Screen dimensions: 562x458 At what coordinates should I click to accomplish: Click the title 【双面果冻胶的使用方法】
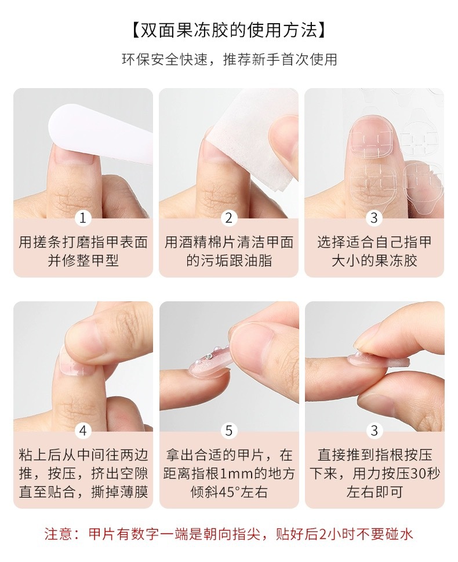pos(229,30)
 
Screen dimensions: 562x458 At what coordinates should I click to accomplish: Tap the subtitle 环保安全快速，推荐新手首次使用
pos(229,60)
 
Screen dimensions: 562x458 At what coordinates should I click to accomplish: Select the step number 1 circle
pos(83,218)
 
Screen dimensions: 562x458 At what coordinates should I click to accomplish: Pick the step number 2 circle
pos(229,218)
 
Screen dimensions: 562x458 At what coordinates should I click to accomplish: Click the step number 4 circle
pos(83,431)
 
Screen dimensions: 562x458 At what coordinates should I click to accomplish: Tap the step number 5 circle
pos(229,431)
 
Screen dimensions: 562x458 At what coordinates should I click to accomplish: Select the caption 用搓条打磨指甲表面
pos(83,242)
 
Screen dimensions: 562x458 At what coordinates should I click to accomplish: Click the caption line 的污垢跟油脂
pos(229,261)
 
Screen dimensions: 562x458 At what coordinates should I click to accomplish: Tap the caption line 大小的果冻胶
pos(375,261)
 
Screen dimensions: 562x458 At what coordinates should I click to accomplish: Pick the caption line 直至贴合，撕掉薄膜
pos(83,492)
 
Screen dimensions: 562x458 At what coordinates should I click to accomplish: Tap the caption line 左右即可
pos(375,492)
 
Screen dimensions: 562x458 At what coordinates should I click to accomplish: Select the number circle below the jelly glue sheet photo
pos(375,218)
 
